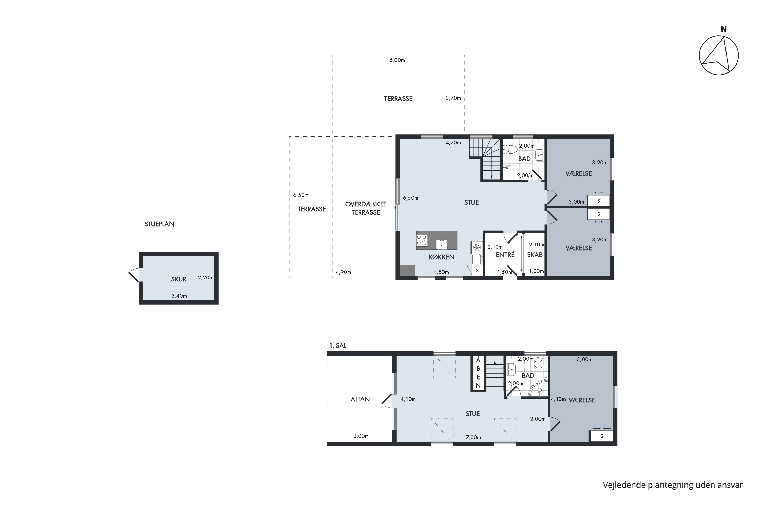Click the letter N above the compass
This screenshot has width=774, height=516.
pos(723,29)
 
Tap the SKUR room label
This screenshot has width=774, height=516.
pos(179,279)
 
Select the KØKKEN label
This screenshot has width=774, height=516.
pos(441,257)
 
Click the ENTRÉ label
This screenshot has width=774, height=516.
pos(505,254)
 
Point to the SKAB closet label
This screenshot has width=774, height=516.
pos(535,255)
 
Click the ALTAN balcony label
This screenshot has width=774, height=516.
pos(360,399)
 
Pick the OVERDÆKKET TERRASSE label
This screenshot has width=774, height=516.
pos(366,208)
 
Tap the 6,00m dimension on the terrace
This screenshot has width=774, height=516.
pos(397,60)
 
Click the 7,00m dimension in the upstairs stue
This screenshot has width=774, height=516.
pos(473,437)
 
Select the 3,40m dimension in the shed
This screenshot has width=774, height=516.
pos(179,296)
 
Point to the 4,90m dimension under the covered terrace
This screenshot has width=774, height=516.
pos(343,272)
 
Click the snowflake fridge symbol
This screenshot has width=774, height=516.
pos(477,247)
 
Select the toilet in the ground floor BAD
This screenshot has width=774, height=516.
pos(510,150)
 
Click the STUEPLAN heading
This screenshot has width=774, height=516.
pos(159,224)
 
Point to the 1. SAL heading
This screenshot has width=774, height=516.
pos(338,345)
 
